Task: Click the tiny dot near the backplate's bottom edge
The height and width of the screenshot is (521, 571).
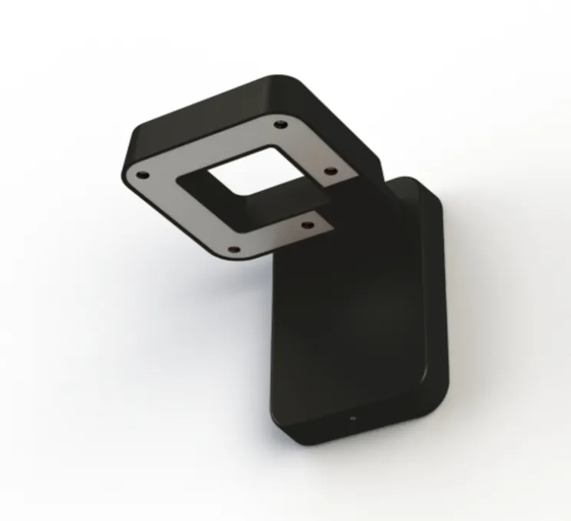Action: point(353,419)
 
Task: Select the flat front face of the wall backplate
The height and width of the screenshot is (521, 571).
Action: point(345,323)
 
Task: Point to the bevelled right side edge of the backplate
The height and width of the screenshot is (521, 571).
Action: point(434,307)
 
